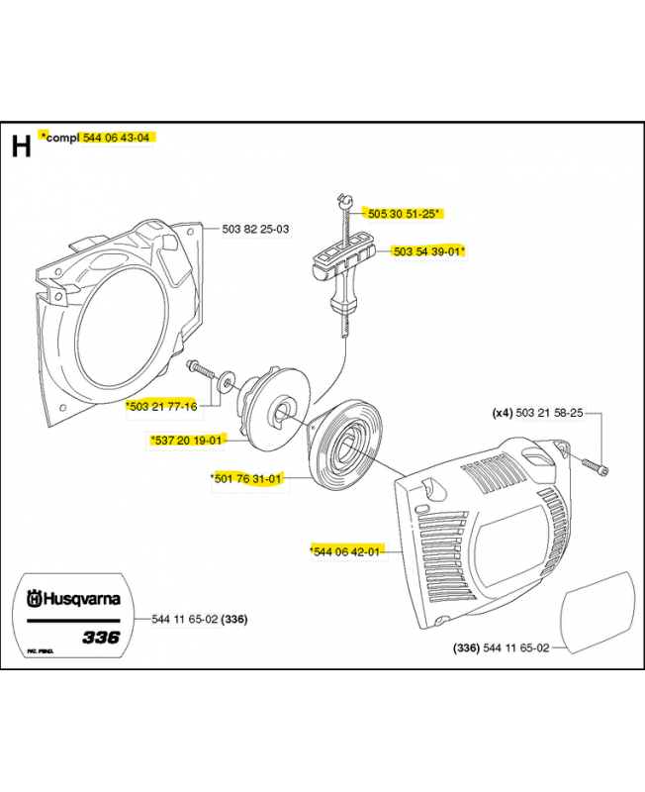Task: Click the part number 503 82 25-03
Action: pyautogui.click(x=255, y=230)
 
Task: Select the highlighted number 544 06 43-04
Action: pyautogui.click(x=116, y=138)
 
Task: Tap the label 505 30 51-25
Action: pyautogui.click(x=401, y=212)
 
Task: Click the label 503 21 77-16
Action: pyautogui.click(x=163, y=406)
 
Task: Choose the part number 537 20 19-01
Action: pyautogui.click(x=190, y=440)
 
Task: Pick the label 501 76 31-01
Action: pyautogui.click(x=249, y=479)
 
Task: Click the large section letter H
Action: pyautogui.click(x=22, y=147)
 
